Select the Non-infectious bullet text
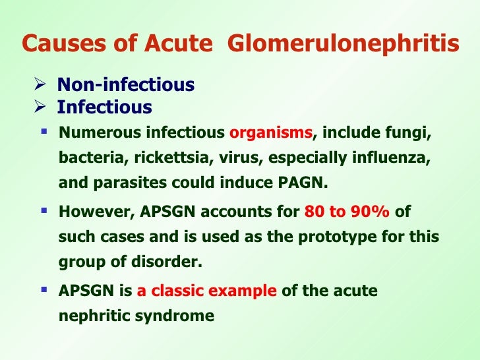click(125, 85)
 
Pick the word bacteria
click(85, 158)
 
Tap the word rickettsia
click(154, 158)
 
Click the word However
click(88, 213)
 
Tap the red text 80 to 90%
click(346, 213)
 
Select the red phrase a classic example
click(207, 291)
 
